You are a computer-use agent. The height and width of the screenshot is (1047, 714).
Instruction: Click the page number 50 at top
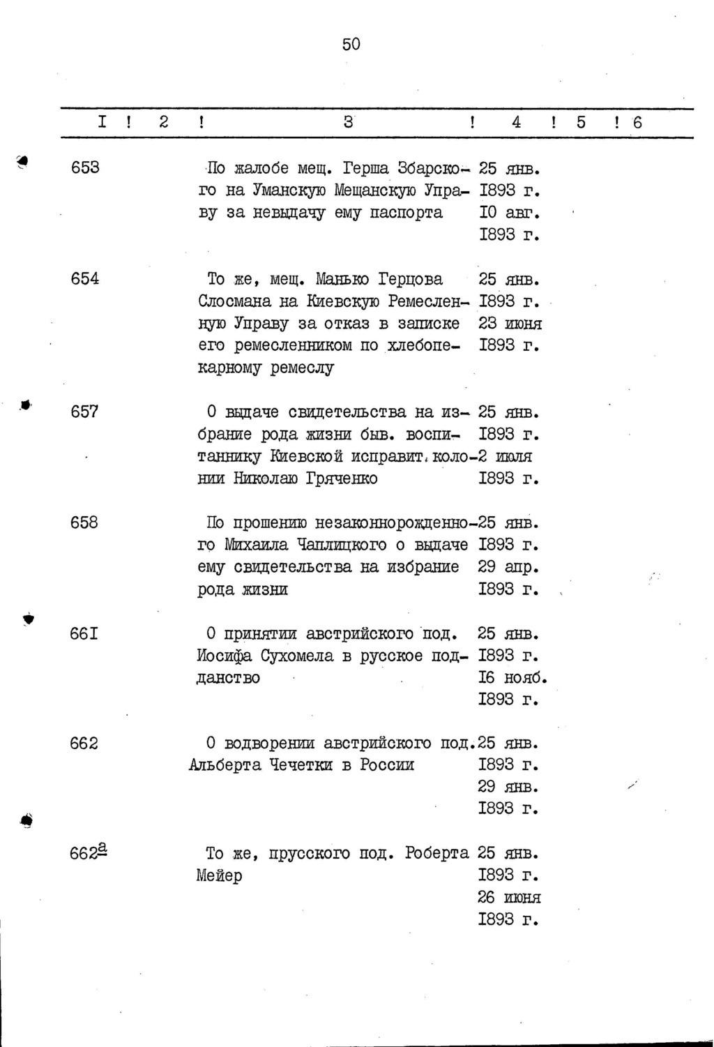click(x=351, y=45)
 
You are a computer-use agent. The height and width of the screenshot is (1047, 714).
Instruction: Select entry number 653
click(x=85, y=167)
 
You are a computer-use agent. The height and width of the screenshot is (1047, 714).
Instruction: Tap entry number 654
click(x=85, y=278)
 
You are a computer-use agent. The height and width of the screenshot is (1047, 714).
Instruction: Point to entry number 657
click(x=85, y=412)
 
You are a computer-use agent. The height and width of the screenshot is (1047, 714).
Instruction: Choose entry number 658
click(x=85, y=522)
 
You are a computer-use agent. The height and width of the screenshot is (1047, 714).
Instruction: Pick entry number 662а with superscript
click(x=89, y=852)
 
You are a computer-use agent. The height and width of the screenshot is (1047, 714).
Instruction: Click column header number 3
click(x=348, y=122)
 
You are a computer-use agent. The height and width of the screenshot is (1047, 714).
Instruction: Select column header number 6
click(x=637, y=123)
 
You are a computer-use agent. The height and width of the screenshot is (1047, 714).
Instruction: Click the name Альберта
click(x=225, y=765)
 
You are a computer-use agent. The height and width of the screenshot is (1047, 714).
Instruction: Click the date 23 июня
click(x=510, y=323)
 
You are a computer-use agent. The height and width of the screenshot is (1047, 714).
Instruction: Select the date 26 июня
click(x=510, y=897)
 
